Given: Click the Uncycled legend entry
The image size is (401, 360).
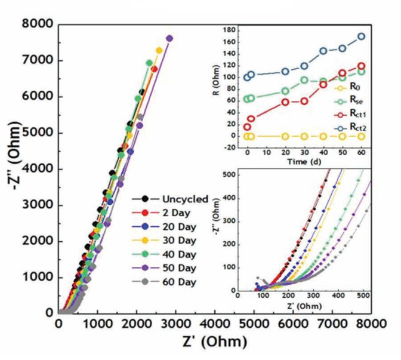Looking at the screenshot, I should point(176,198).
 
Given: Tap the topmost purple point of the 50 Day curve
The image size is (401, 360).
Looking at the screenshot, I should point(169,38).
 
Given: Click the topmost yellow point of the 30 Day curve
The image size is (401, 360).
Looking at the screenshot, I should point(159,50).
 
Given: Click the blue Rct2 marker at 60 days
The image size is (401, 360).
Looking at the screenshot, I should point(361,36).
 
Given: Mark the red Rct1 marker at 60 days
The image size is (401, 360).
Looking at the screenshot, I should point(361,66).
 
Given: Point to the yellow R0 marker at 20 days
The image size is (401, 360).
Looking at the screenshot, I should point(285,136).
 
